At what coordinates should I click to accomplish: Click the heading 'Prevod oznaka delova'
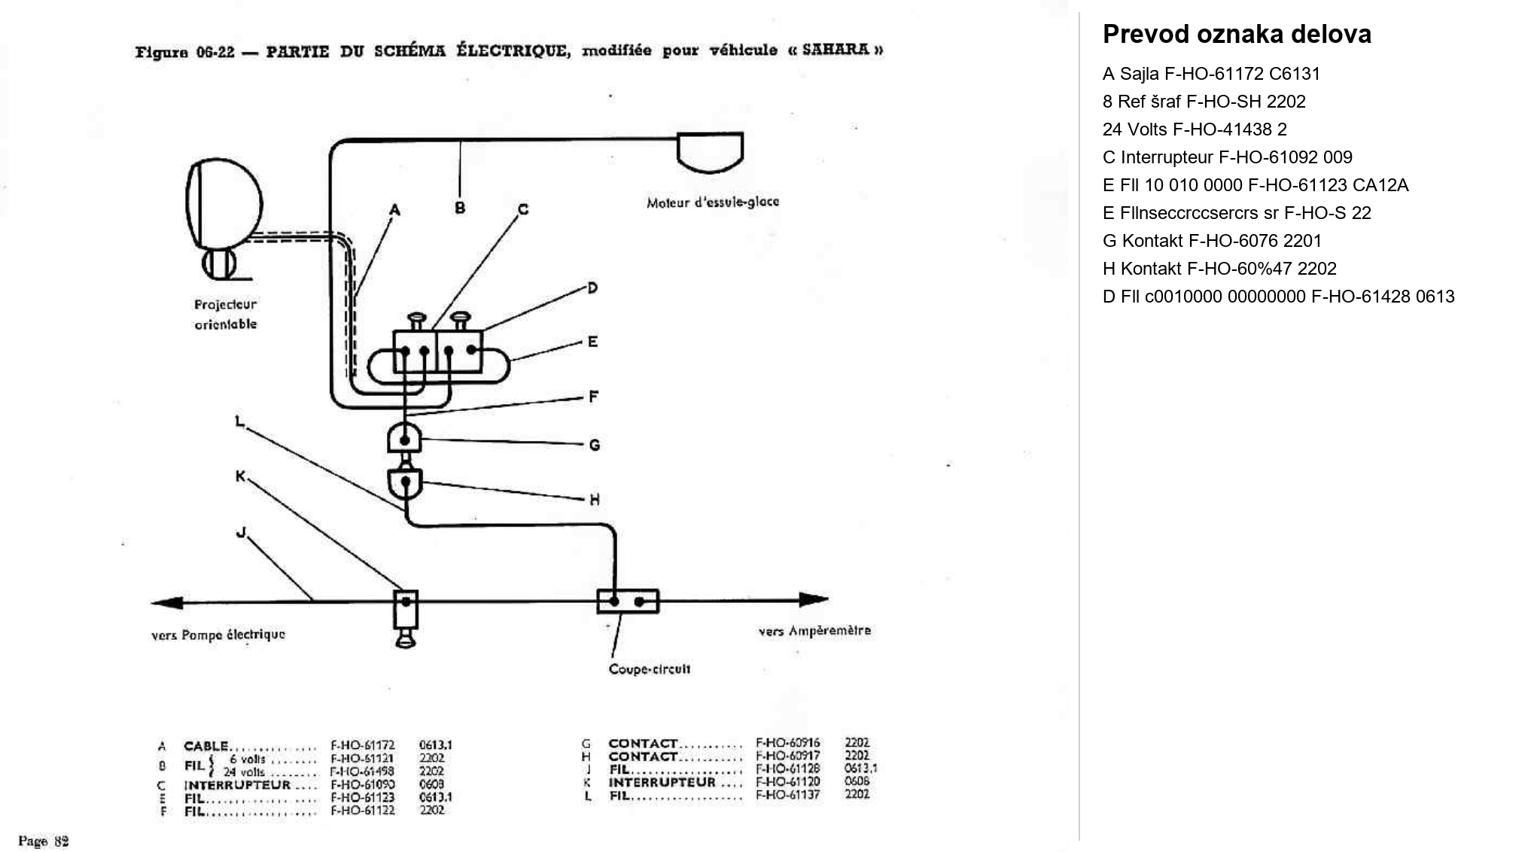[x=1236, y=35]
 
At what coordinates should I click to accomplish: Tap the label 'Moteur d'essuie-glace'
[x=712, y=202]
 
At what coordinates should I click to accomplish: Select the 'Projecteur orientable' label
[x=225, y=315]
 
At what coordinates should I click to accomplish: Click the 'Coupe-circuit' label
[x=649, y=669]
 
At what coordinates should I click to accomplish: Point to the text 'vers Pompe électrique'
[x=218, y=634]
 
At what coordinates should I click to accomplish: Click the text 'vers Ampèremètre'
[x=814, y=631]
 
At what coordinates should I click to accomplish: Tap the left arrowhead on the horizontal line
[x=166, y=602]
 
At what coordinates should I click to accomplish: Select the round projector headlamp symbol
[x=224, y=203]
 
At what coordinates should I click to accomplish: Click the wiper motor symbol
[x=710, y=151]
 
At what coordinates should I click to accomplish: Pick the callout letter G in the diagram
[x=594, y=446]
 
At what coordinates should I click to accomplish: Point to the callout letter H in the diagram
[x=594, y=500]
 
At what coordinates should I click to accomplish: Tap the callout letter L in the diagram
[x=239, y=422]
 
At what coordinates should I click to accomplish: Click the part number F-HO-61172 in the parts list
[x=362, y=746]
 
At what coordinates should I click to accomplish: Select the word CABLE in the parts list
[x=205, y=746]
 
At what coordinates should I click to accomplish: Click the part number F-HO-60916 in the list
[x=787, y=743]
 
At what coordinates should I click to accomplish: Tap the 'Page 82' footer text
[x=43, y=841]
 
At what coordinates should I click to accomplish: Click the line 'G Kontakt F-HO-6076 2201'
[x=1212, y=241]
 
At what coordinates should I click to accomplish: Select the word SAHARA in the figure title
[x=835, y=50]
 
